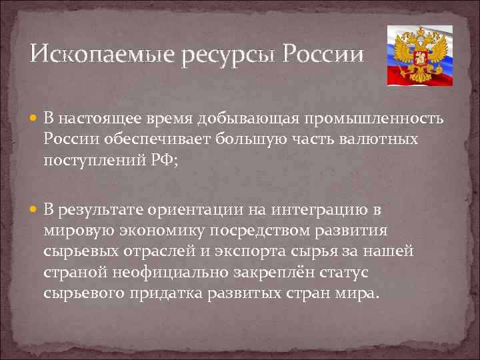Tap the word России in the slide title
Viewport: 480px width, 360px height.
tap(323, 53)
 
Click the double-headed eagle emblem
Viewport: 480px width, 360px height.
tap(419, 56)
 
